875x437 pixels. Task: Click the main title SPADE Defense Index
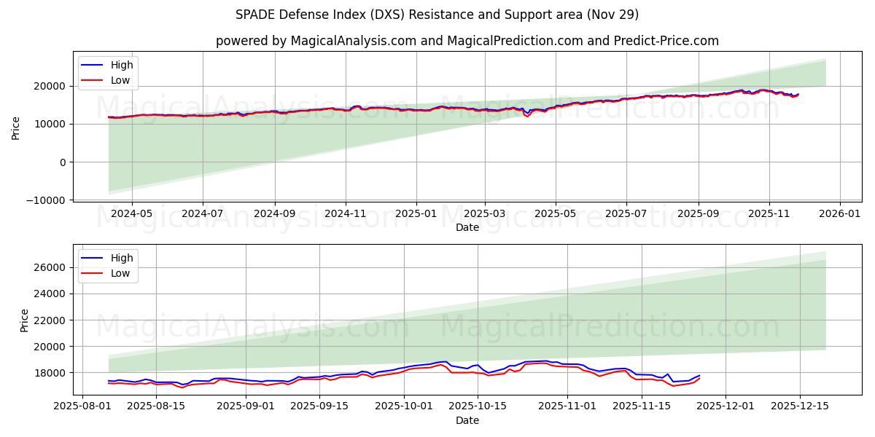point(437,15)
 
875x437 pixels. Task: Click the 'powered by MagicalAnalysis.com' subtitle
point(467,41)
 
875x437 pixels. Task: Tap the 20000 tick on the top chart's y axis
point(52,86)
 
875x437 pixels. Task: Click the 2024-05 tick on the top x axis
point(132,213)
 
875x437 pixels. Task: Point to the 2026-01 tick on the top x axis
point(840,213)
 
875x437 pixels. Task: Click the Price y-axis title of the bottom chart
point(25,320)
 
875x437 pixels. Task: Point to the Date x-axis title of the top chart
point(467,227)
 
